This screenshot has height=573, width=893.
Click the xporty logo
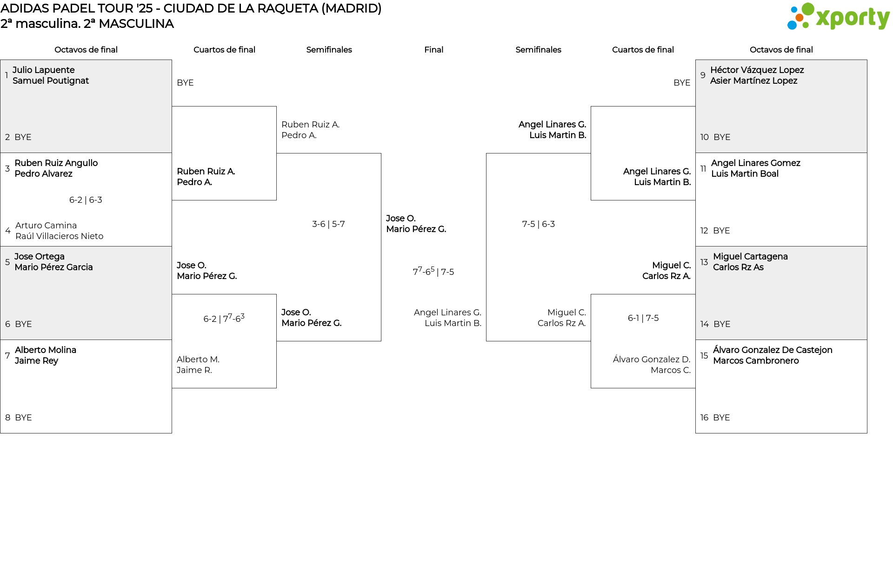(x=838, y=17)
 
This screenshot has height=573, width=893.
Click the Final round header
(x=433, y=50)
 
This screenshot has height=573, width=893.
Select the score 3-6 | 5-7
(x=328, y=224)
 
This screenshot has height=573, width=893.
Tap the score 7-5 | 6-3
(x=538, y=224)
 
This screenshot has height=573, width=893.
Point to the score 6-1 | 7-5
(x=643, y=318)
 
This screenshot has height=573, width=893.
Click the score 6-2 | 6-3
(x=86, y=200)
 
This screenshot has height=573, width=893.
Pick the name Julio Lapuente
(x=43, y=70)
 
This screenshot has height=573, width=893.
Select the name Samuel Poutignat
(x=50, y=81)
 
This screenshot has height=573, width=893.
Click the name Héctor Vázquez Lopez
(x=757, y=70)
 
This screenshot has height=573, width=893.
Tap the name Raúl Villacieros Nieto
(x=59, y=236)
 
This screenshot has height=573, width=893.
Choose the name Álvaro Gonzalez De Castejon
(x=772, y=350)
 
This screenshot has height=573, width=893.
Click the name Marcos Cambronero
(x=755, y=361)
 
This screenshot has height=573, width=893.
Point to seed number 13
(x=704, y=262)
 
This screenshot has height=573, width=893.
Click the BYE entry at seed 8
(x=23, y=418)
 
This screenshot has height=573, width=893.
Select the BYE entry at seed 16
(x=721, y=418)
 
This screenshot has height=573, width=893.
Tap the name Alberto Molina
(x=45, y=350)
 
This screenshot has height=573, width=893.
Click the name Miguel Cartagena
(x=750, y=257)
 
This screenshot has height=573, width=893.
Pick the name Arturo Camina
(x=46, y=226)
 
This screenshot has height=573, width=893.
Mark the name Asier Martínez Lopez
(x=753, y=81)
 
